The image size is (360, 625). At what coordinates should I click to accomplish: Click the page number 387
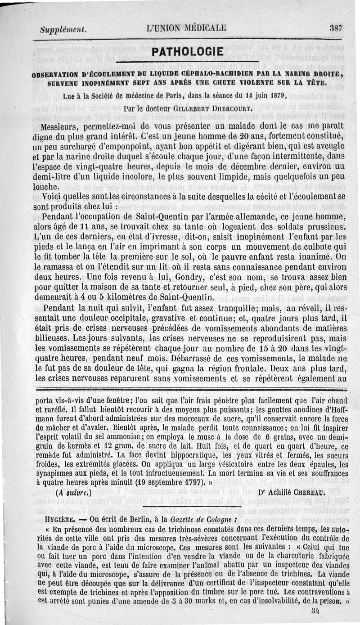pyautogui.click(x=336, y=27)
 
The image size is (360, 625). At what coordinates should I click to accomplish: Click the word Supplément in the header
pyautogui.click(x=63, y=30)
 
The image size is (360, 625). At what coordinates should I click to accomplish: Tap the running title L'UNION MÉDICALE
pyautogui.click(x=186, y=28)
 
